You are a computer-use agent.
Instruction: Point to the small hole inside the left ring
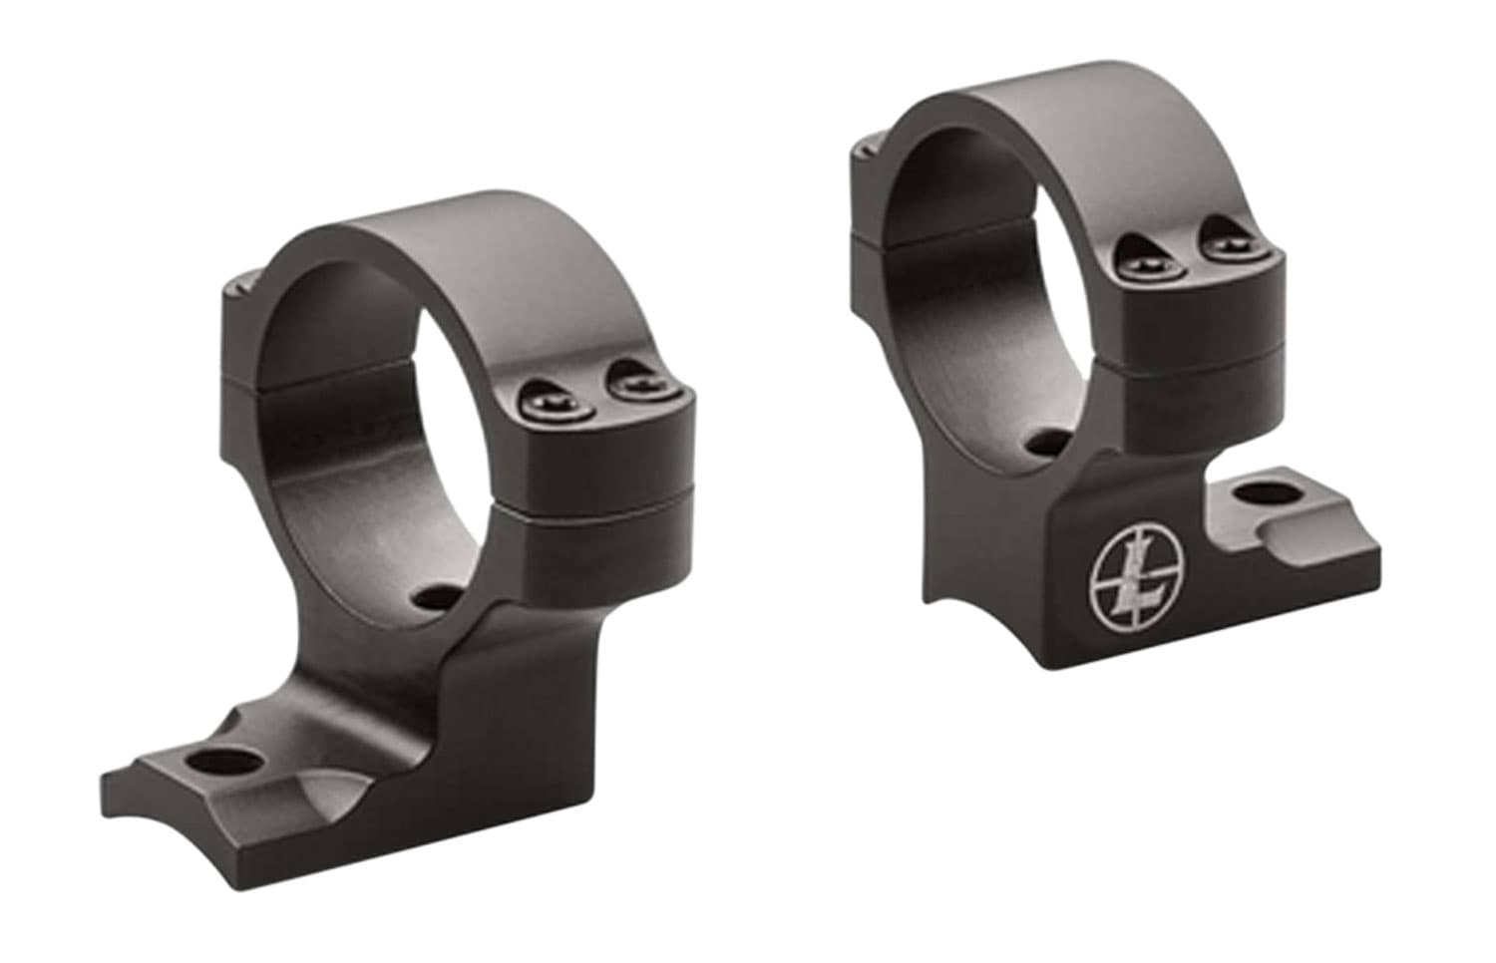pyautogui.click(x=436, y=597)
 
